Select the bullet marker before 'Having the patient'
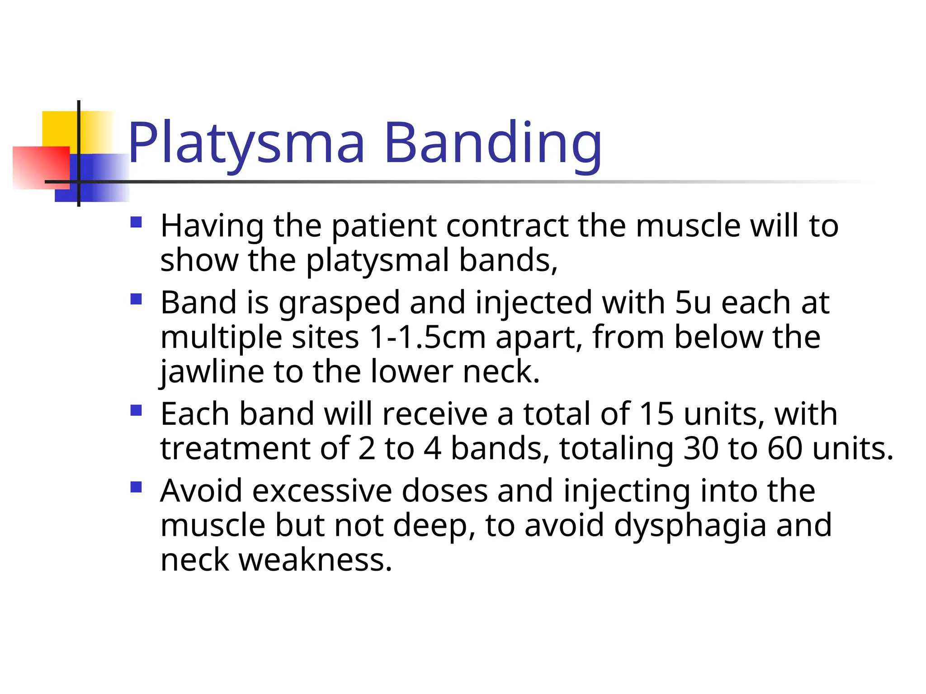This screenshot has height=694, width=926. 136,222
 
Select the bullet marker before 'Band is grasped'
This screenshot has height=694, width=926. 136,299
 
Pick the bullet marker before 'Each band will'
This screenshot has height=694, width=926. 136,410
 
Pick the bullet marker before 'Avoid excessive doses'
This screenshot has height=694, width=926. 136,487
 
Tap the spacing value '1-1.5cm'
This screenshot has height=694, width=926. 428,338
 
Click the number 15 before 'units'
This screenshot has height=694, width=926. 657,414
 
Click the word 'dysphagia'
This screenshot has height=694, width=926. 690,525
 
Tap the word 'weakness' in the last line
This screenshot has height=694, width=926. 315,560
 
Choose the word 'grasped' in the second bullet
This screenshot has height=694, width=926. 339,302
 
